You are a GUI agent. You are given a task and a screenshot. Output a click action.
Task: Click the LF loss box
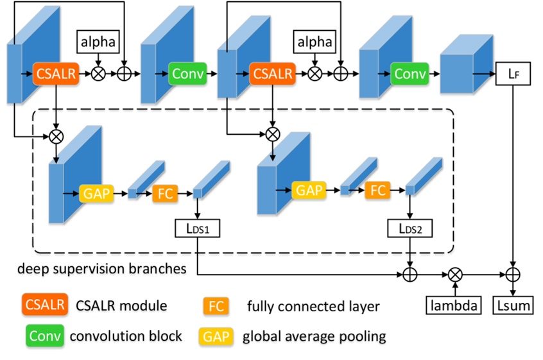pyautogui.click(x=512, y=74)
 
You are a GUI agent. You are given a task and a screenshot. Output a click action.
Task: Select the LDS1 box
pyautogui.click(x=197, y=227)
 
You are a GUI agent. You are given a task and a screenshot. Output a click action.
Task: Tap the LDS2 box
pyautogui.click(x=409, y=227)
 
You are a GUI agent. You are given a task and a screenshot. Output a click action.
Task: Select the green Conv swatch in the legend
pyautogui.click(x=44, y=335)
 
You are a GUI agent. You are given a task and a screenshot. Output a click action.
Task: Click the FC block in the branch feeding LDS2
pyautogui.click(x=378, y=190)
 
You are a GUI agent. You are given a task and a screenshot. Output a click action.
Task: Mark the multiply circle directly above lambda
pyautogui.click(x=455, y=275)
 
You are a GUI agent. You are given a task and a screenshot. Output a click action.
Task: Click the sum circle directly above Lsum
pyautogui.click(x=512, y=275)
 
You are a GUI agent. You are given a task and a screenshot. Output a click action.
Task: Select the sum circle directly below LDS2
pyautogui.click(x=409, y=275)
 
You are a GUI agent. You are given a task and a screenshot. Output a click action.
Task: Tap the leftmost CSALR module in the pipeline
pyautogui.click(x=55, y=74)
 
